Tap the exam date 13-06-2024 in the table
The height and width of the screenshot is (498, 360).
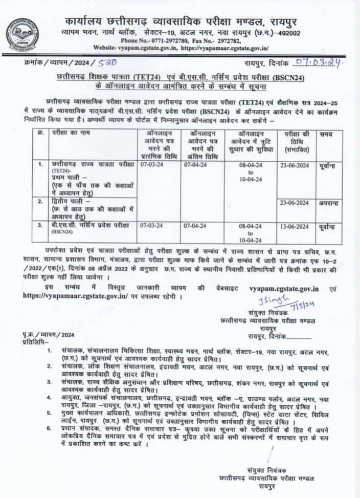coord(295,226)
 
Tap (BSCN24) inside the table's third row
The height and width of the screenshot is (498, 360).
coord(59,233)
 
